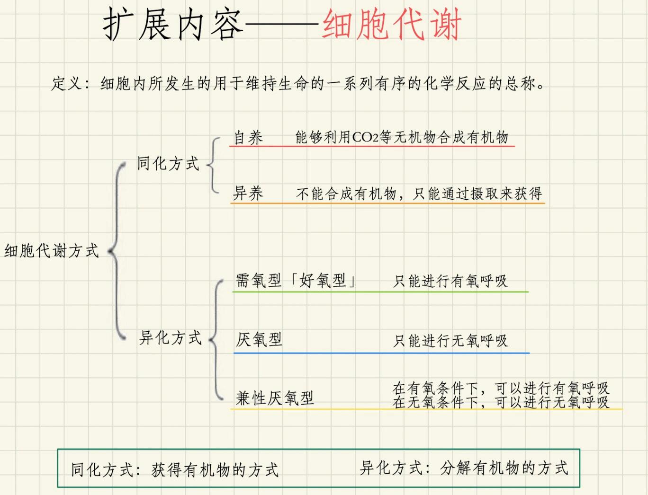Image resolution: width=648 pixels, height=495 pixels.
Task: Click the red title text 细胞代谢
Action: tap(392, 25)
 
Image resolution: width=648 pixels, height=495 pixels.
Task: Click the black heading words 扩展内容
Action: tap(173, 25)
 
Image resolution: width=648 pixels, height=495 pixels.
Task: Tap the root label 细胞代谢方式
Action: tap(52, 250)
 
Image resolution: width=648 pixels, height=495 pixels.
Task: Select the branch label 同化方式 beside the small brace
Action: tap(168, 164)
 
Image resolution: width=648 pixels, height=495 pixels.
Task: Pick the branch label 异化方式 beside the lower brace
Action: tap(171, 338)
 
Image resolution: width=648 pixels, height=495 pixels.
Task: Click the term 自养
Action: tap(248, 138)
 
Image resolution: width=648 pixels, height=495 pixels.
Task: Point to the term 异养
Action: tap(248, 193)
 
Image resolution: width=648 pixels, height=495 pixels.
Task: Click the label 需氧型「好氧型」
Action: tap(296, 281)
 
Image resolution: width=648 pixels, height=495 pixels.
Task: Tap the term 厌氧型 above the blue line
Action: tap(259, 339)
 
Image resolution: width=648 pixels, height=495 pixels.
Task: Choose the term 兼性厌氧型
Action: tap(275, 398)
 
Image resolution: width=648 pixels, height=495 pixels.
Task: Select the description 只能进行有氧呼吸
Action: tap(450, 281)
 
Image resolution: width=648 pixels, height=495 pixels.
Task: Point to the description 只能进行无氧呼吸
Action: tap(450, 340)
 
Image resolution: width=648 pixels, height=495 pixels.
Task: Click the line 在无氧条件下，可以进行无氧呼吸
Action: tap(501, 402)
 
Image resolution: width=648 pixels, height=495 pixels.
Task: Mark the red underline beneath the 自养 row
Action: tap(372, 146)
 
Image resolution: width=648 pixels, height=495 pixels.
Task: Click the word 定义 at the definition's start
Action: tap(66, 84)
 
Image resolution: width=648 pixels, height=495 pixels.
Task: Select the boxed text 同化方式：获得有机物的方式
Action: tap(175, 469)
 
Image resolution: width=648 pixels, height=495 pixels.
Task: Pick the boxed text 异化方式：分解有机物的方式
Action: tap(464, 468)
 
